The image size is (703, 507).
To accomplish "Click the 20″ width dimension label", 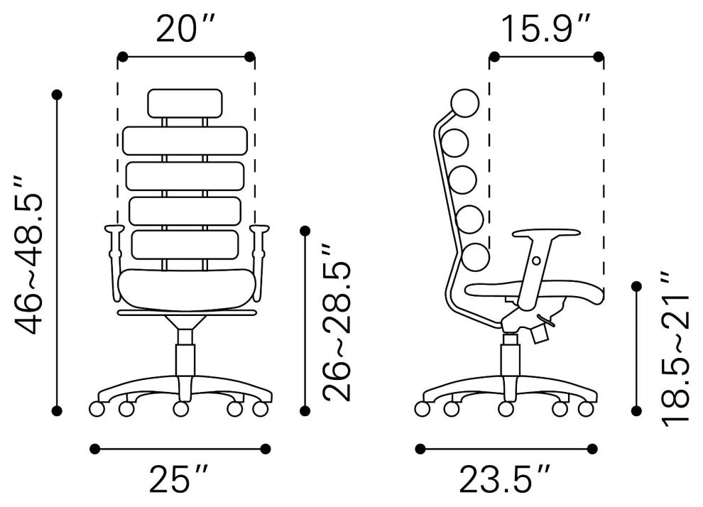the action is click(x=186, y=28).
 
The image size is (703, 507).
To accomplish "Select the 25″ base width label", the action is click(x=178, y=479).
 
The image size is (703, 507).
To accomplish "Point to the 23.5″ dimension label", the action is click(x=504, y=479).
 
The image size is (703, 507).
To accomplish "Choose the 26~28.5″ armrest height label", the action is click(x=337, y=322).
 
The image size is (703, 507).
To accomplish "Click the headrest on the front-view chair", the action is click(x=185, y=104).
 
